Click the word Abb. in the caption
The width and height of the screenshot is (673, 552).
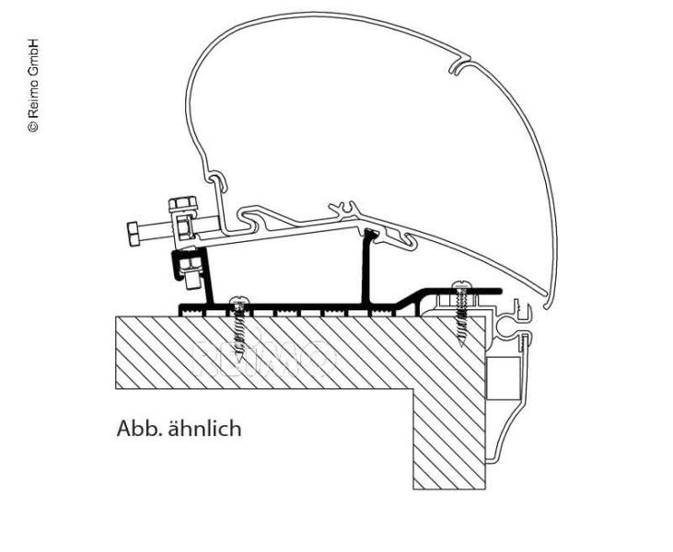click(x=134, y=428)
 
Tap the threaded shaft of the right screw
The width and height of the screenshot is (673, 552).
click(x=460, y=322)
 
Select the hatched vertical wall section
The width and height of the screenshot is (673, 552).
click(x=448, y=432)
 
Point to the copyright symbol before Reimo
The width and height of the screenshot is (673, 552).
click(x=33, y=126)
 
